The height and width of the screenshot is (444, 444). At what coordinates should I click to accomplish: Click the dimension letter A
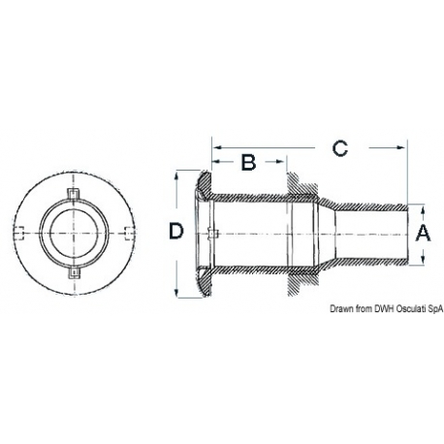point(422,233)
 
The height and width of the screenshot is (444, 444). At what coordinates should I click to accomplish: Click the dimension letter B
point(248,162)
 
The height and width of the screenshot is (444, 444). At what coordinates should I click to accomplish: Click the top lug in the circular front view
point(73,180)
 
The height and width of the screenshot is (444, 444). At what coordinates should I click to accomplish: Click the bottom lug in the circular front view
point(73,279)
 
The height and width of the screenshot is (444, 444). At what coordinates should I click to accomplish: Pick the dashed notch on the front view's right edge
point(123,230)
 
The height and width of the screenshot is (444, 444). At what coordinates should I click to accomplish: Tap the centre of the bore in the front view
point(73,230)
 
